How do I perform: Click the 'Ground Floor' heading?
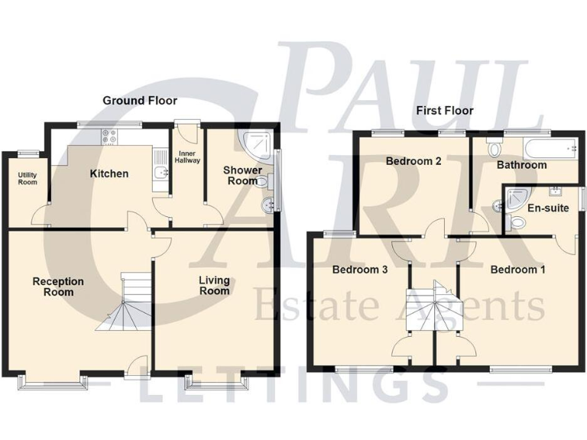[140, 100]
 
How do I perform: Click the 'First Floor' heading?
[444, 111]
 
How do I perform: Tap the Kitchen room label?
[109, 173]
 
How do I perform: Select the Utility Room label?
[28, 179]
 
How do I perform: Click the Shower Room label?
[242, 175]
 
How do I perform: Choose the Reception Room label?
[58, 286]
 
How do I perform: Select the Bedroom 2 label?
[413, 161]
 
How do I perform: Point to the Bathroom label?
[521, 164]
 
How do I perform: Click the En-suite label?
[547, 207]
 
